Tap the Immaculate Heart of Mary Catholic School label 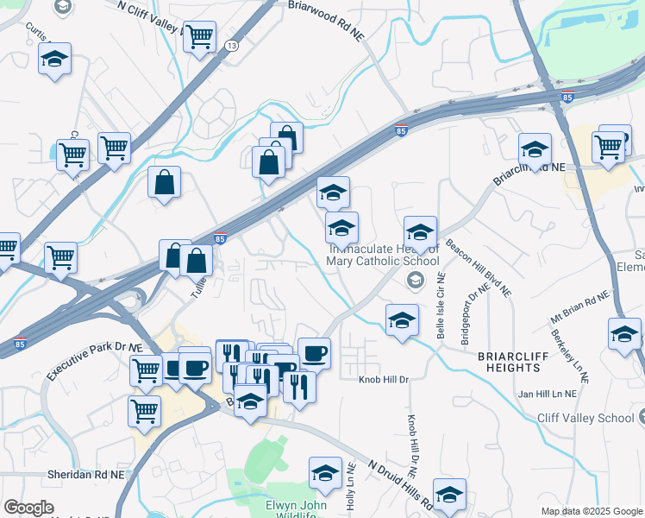pos(383,256)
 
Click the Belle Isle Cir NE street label pos(441,305)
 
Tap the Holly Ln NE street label pos(351,489)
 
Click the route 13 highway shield pos(231,46)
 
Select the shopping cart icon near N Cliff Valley pos(200,36)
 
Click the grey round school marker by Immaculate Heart pos(415,280)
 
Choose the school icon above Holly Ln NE pos(325,472)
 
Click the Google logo pos(28,508)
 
